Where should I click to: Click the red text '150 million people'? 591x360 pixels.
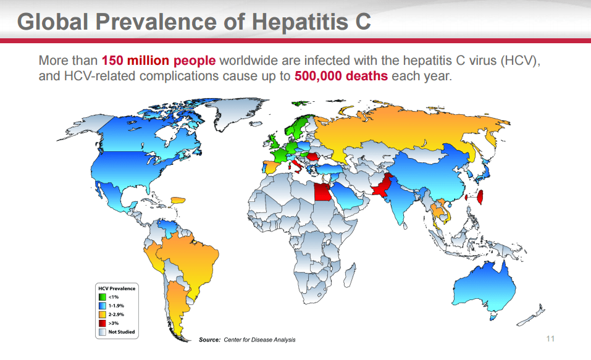click(159, 61)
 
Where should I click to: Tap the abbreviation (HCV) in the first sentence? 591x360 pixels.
click(521, 61)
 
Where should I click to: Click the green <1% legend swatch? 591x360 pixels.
click(103, 297)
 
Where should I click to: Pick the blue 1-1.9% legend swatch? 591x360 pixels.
click(103, 306)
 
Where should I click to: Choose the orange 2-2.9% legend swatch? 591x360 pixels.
click(103, 314)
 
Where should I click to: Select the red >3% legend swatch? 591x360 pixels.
click(103, 323)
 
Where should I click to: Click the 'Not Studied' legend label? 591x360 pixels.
click(121, 332)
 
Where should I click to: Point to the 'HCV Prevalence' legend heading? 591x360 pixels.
click(117, 288)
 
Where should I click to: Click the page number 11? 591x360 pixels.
click(551, 339)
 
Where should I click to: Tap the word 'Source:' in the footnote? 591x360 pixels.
click(208, 340)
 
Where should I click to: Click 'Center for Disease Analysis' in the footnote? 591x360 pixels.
click(260, 340)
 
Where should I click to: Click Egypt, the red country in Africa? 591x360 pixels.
click(323, 194)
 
